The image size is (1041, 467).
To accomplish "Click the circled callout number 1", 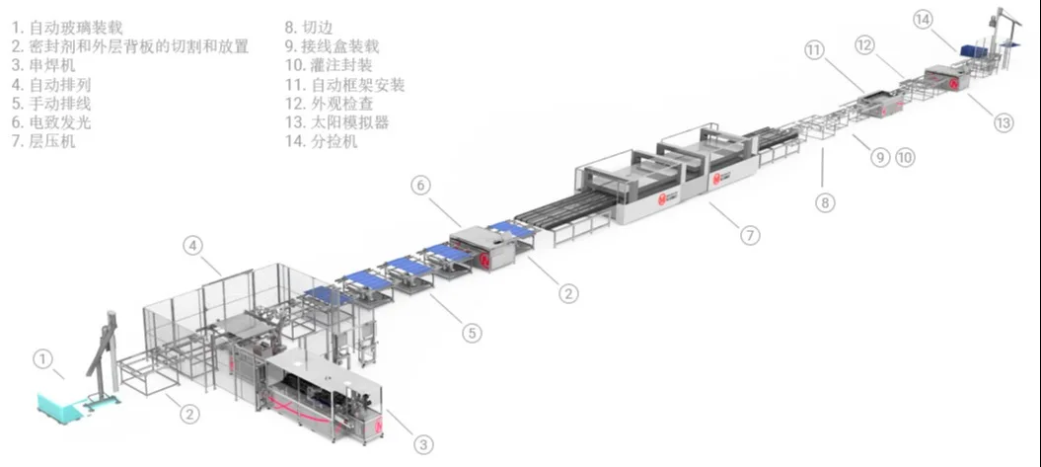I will (x=42, y=360).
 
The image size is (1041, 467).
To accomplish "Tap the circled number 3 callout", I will (x=422, y=445).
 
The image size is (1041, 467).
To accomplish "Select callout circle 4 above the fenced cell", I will (x=195, y=245).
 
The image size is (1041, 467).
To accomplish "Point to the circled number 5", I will (x=473, y=333).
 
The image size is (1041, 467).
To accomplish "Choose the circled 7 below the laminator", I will (x=751, y=236).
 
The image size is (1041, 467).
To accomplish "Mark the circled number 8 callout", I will (x=825, y=202).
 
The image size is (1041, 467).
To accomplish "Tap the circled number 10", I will (x=906, y=156).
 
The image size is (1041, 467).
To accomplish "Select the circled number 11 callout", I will (x=814, y=50).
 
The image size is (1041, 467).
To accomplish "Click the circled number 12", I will (x=864, y=44).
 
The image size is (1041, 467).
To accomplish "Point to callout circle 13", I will (x=1004, y=123).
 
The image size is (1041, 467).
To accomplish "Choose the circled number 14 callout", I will (x=923, y=19).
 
